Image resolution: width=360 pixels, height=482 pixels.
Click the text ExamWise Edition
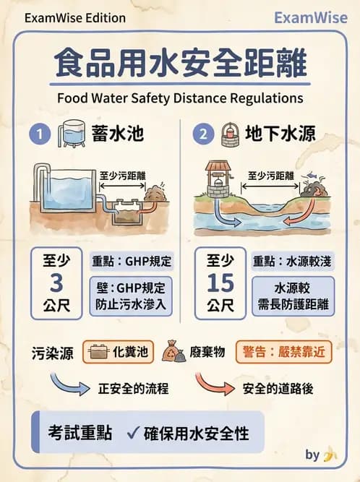pos(74,18)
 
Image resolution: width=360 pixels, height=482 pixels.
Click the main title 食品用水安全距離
pos(180,64)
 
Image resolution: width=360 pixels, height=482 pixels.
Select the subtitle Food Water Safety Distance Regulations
pos(180,97)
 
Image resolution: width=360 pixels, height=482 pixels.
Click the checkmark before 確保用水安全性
pos(132,434)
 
